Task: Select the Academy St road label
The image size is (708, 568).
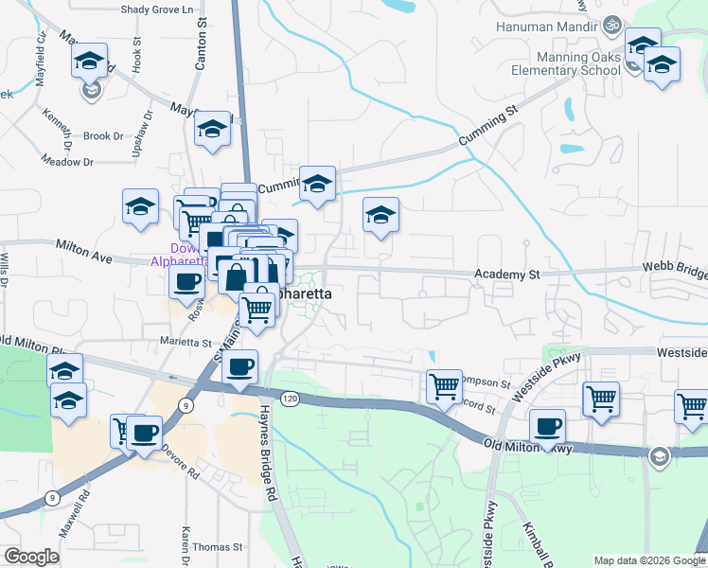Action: [x=506, y=275]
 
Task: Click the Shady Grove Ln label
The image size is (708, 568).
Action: [x=163, y=9]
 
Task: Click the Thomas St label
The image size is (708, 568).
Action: [x=218, y=547]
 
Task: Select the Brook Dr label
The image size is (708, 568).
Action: [x=103, y=136]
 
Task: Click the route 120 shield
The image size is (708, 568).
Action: [x=291, y=400]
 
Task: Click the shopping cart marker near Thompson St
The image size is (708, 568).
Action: [x=444, y=385]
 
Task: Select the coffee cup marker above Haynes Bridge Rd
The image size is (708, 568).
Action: [x=239, y=366]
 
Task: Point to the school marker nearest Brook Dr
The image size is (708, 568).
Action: [x=212, y=128]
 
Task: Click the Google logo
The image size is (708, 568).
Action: [x=31, y=557]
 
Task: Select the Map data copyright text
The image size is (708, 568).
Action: [x=648, y=560]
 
